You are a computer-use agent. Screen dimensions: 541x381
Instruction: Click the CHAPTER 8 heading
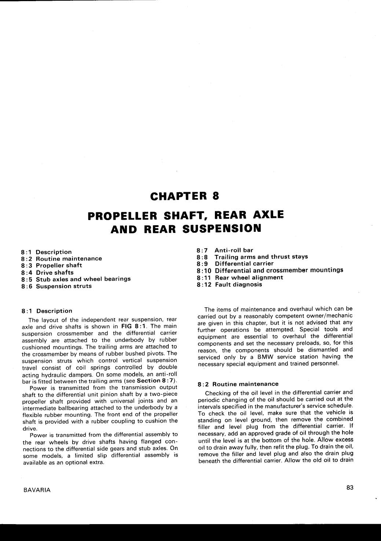coord(184,196)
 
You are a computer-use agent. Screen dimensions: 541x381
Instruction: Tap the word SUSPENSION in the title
coord(222,229)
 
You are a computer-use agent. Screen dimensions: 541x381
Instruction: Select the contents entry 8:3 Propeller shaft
coord(52,265)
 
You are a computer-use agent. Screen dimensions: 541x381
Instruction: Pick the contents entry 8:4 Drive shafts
coord(47,272)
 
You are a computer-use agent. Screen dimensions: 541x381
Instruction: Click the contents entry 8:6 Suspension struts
coord(56,286)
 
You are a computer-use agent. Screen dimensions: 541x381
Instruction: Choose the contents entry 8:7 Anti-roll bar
coord(225,250)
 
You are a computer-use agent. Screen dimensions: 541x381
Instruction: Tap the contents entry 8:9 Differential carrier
coord(235,263)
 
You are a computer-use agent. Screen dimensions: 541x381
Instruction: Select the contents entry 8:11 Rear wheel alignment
coord(240,277)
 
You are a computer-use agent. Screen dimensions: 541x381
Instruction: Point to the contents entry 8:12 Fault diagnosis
coord(230,284)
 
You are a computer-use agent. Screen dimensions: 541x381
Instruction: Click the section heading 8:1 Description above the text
coord(47,311)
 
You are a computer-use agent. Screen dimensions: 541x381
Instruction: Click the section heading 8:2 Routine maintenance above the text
coord(238,384)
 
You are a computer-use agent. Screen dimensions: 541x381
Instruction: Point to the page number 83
coord(349,487)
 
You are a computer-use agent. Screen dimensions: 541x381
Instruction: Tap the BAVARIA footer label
coord(37,490)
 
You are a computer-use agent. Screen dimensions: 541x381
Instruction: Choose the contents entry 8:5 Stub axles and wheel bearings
coord(76,279)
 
